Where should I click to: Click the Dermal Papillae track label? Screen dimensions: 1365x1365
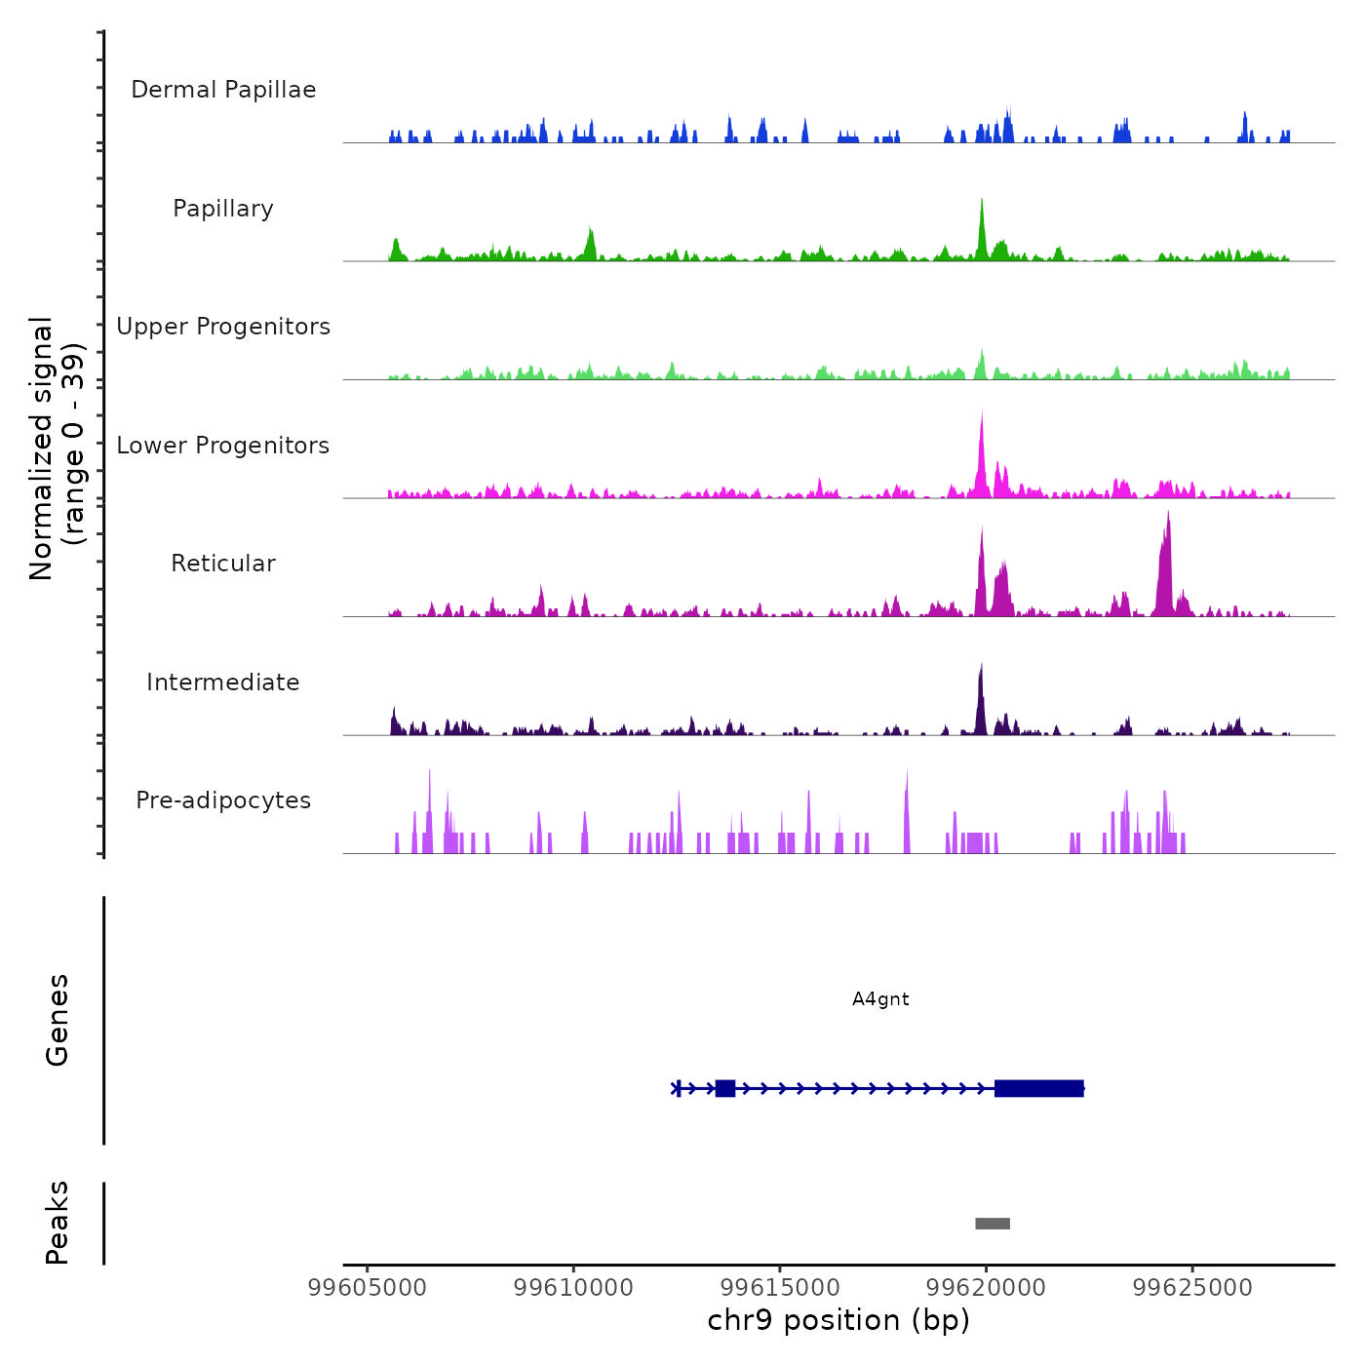(223, 90)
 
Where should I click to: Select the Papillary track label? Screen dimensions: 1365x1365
(223, 209)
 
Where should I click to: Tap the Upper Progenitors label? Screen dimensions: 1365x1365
(223, 327)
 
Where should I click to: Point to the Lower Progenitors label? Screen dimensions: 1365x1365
(223, 446)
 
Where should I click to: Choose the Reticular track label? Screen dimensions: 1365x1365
(223, 564)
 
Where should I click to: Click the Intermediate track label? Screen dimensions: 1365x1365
(223, 682)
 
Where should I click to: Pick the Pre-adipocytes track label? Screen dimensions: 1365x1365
(223, 800)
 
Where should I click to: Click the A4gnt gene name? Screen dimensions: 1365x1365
(880, 999)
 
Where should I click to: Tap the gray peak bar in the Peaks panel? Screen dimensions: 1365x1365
(993, 1224)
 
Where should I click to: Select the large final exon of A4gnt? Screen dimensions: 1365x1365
(1039, 1088)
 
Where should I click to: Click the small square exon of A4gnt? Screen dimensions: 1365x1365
(725, 1088)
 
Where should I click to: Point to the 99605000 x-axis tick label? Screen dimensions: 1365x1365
(368, 1288)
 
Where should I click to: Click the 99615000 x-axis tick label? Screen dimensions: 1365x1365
(780, 1288)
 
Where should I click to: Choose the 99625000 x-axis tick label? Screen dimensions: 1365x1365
(1192, 1288)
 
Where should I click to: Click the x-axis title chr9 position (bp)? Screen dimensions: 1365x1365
(838, 1321)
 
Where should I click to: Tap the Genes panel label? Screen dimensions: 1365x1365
(58, 1020)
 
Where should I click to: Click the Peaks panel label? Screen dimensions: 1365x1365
(58, 1223)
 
